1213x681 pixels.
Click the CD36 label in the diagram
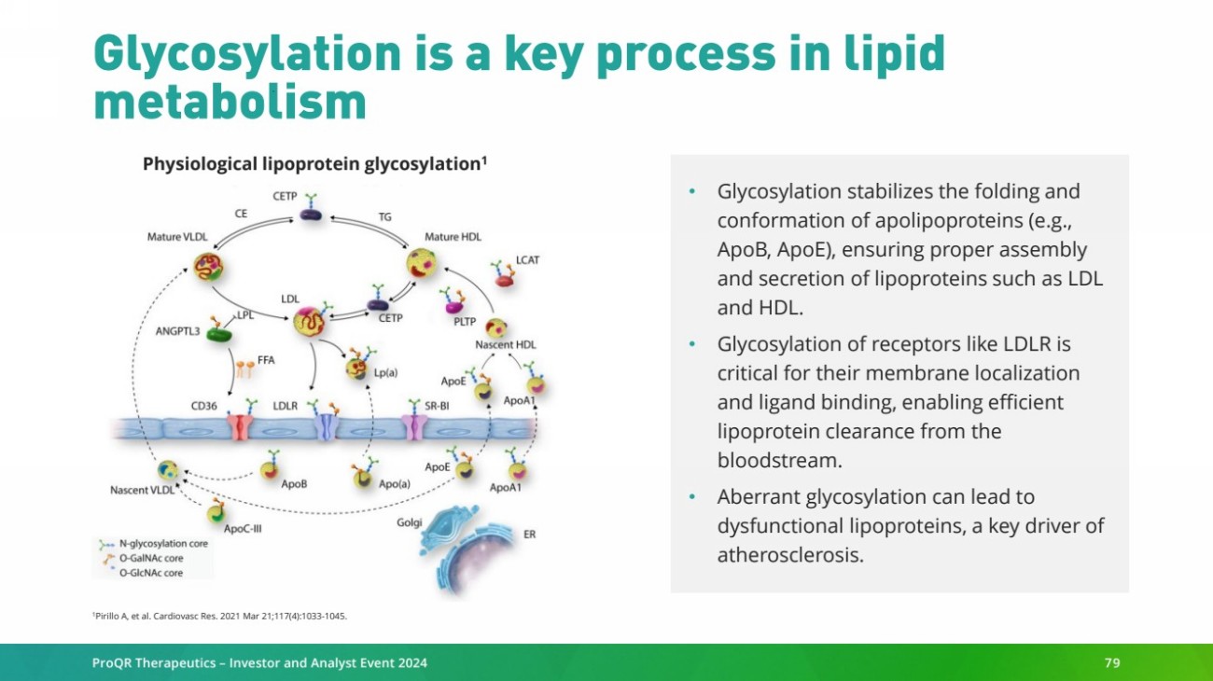tap(205, 407)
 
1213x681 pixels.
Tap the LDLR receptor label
tap(286, 407)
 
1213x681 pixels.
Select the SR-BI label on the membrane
tap(438, 407)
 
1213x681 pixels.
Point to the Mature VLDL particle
tap(208, 268)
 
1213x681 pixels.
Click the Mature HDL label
tap(453, 237)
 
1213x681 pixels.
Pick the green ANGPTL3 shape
tap(220, 333)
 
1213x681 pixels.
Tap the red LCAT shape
tap(504, 279)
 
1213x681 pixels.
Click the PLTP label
tap(465, 322)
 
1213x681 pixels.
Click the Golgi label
tap(410, 522)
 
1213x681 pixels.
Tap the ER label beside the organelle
tap(529, 535)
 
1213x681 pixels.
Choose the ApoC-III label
tap(242, 528)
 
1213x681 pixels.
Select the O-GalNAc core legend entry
tap(150, 558)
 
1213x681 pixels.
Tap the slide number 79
tap(1111, 663)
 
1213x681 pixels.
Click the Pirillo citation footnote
tap(219, 615)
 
